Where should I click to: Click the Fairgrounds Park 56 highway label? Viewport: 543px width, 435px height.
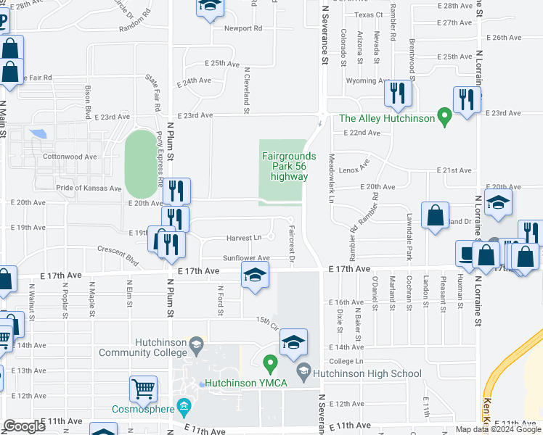[x=289, y=166]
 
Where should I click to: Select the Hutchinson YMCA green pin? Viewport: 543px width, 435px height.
[x=270, y=362]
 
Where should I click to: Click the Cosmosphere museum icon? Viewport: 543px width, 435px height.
[x=184, y=407]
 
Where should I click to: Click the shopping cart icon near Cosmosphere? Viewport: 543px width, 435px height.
[x=143, y=388]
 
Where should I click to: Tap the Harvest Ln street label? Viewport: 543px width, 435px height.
[x=244, y=237]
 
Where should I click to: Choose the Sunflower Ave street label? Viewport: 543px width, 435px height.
[x=246, y=258]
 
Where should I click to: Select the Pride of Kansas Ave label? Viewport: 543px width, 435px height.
[x=89, y=188]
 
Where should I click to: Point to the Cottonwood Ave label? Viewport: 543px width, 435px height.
[x=70, y=157]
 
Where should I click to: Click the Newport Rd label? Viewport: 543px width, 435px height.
[x=242, y=29]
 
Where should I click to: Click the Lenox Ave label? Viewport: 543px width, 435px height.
[x=354, y=166]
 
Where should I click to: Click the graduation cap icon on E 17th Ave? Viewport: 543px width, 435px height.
[x=255, y=275]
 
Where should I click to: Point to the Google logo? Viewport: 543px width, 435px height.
[x=24, y=426]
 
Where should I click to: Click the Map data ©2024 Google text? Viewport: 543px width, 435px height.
[x=497, y=429]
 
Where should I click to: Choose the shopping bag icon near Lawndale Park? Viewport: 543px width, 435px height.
[x=434, y=215]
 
